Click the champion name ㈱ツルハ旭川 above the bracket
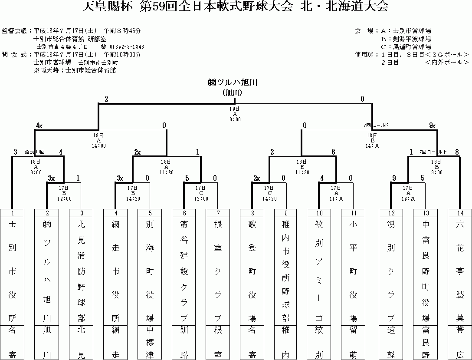(x=232, y=83)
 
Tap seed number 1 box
(x=12, y=213)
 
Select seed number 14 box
(x=459, y=213)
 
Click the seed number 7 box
(x=218, y=213)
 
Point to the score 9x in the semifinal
(x=432, y=126)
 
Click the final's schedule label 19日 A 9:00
(x=235, y=114)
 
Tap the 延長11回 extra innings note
(x=35, y=152)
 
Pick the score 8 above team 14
(x=457, y=152)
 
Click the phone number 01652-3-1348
(x=127, y=47)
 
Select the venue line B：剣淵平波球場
(x=406, y=39)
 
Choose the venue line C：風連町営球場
(x=406, y=47)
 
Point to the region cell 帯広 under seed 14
(x=459, y=342)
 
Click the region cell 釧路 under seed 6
(x=184, y=342)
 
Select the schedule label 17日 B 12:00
(x=64, y=193)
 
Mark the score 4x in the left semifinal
(x=39, y=126)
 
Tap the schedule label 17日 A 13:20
(x=408, y=193)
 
